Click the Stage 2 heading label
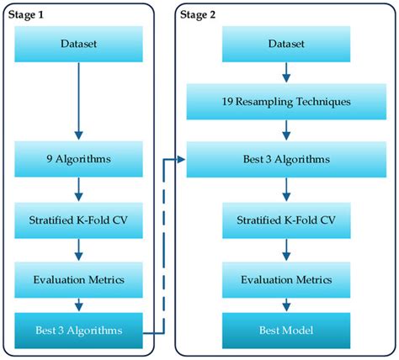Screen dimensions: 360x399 (201, 14)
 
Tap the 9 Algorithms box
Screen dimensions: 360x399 (78, 157)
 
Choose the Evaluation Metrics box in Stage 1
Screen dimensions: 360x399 (78, 279)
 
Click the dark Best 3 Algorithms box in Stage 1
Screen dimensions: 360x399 (78, 331)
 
